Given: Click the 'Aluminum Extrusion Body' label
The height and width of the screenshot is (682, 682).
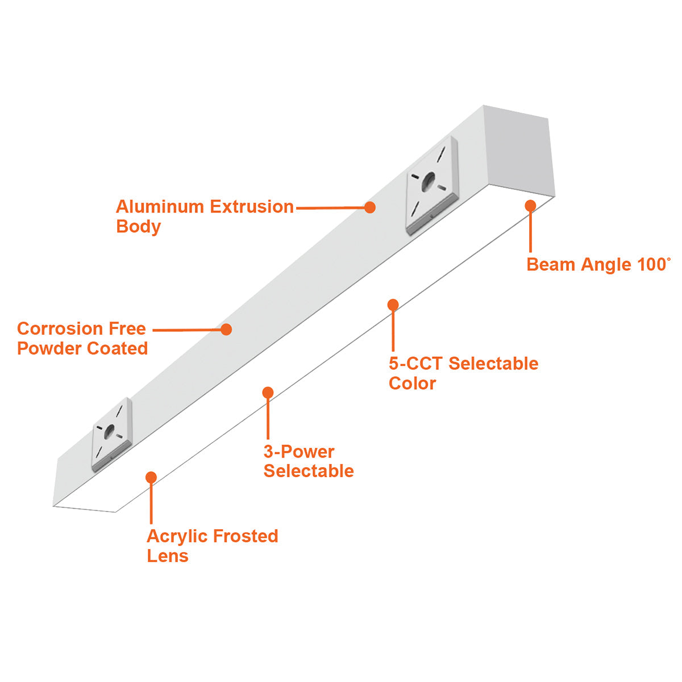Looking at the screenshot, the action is tap(205, 216).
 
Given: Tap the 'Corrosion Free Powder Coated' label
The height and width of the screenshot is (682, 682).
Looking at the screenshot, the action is tap(82, 338).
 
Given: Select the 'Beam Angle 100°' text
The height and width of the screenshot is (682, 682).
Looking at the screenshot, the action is tap(598, 264).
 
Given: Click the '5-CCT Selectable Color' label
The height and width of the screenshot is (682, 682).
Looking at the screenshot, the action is tap(463, 373).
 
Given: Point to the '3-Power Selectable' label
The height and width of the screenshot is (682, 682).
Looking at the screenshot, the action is tap(309, 461).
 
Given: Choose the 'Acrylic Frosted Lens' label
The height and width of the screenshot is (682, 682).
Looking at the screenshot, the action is tap(213, 546).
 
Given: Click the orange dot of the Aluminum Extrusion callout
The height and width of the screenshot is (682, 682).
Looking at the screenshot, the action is tap(370, 207).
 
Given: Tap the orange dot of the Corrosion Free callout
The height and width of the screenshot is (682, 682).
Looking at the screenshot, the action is tap(226, 330).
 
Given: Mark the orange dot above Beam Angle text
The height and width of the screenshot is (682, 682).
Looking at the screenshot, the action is tap(530, 206).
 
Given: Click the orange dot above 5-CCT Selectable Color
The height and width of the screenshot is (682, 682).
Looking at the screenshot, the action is tap(393, 305).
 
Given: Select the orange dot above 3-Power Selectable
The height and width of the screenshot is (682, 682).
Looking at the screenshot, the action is tap(268, 392).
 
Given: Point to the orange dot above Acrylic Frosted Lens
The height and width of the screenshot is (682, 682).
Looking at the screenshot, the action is tap(151, 477).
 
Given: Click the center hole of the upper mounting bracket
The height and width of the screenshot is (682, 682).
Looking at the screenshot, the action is tap(429, 181).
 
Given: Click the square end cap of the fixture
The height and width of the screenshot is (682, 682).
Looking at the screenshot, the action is tap(519, 151).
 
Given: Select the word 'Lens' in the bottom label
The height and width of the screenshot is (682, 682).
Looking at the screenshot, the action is tap(168, 556).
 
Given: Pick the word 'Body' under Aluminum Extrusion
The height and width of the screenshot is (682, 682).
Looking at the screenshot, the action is tap(138, 227).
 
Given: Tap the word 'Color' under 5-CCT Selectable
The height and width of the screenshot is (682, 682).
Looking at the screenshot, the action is tap(412, 383).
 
